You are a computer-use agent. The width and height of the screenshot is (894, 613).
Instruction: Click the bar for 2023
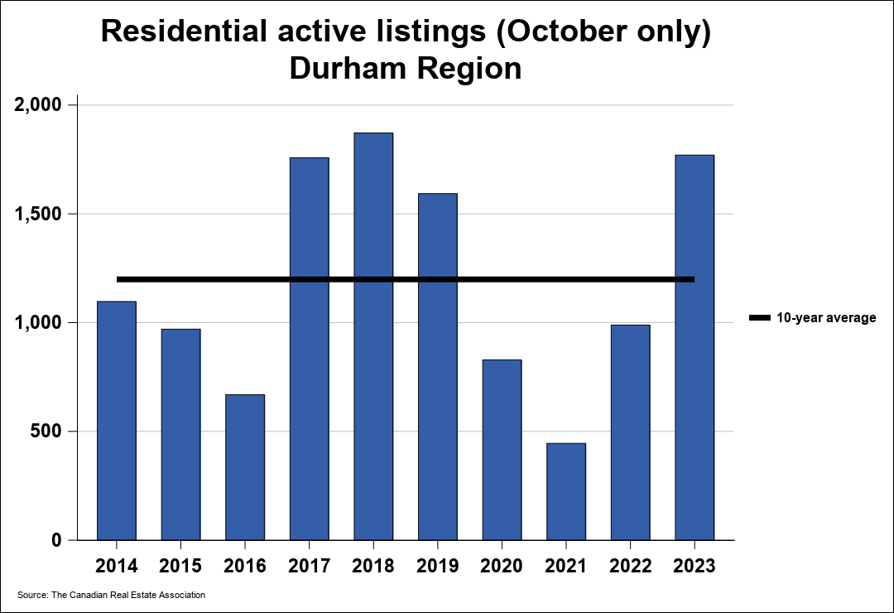coord(695,347)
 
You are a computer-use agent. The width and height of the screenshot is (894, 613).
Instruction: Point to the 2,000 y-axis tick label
coord(39,105)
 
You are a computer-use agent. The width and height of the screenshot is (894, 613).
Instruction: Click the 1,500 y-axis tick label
coord(39,214)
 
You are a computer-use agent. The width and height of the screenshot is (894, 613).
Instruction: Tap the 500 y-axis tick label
coord(47,432)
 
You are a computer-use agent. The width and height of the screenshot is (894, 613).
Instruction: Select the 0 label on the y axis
coord(57,540)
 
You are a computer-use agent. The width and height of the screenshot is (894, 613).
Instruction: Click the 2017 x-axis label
coord(309,566)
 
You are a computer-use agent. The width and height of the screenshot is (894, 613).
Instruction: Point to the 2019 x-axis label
coord(437,566)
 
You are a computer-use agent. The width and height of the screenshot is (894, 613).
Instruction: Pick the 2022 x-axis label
coord(630,566)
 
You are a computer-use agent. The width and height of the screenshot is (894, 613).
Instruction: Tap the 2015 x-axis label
coord(180,566)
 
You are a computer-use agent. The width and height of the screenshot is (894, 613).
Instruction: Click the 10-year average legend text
coord(825,318)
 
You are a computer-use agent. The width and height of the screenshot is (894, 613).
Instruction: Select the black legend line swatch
coord(759,318)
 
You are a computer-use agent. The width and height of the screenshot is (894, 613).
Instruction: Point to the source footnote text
coord(111,595)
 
